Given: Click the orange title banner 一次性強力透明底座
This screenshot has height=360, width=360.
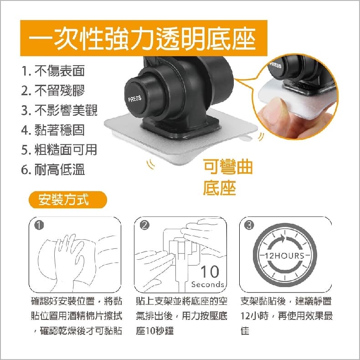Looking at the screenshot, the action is click(144, 38).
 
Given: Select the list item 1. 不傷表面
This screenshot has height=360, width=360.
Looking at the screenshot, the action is click(53, 71).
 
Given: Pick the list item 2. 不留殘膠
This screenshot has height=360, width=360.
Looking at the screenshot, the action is click(53, 90).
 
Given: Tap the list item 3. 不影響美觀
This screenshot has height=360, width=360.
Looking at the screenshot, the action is click(59, 110).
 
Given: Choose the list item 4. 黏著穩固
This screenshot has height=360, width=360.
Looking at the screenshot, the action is click(53, 130).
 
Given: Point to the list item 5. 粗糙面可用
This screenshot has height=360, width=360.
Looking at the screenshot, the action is click(59, 149).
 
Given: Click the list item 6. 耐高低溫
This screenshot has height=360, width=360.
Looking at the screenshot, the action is click(53, 170).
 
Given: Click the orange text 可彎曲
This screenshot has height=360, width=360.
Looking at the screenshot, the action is click(228, 167).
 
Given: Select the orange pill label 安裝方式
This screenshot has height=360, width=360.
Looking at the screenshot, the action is click(68, 200).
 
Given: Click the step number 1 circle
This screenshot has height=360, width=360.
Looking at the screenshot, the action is click(39, 226).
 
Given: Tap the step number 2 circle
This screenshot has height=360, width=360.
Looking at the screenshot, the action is click(144, 226).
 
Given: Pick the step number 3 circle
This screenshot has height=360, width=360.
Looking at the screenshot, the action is click(250, 226).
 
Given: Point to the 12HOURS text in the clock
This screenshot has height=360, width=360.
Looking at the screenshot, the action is click(285, 256).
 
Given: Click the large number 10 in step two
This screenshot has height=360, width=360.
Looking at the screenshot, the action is click(210, 272).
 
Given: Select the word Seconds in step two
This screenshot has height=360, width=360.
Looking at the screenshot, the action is click(208, 285).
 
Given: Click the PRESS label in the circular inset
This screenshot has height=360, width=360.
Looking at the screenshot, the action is click(276, 65).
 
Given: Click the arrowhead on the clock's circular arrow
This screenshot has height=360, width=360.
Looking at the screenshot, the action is click(282, 239).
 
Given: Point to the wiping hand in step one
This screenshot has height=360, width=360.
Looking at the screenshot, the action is click(69, 255).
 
